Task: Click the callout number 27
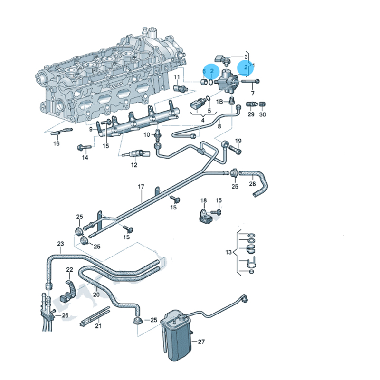pyautogui.click(x=201, y=342)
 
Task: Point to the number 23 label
pyautogui.click(x=60, y=244)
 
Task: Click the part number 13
pyautogui.click(x=228, y=252)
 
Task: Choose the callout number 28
pyautogui.click(x=252, y=184)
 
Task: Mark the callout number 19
pyautogui.click(x=238, y=141)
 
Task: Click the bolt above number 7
pyautogui.click(x=251, y=81)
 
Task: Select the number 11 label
pyautogui.click(x=176, y=77)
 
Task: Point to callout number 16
pyautogui.click(x=57, y=143)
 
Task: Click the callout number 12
pyautogui.click(x=134, y=165)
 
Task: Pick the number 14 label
pyautogui.click(x=85, y=158)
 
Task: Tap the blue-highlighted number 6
pyautogui.click(x=204, y=71)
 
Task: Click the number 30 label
pyautogui.click(x=263, y=115)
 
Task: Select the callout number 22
pyautogui.click(x=69, y=270)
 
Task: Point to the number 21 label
pyautogui.click(x=98, y=326)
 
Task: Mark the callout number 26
pyautogui.click(x=65, y=315)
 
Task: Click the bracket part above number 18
pyautogui.click(x=203, y=215)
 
